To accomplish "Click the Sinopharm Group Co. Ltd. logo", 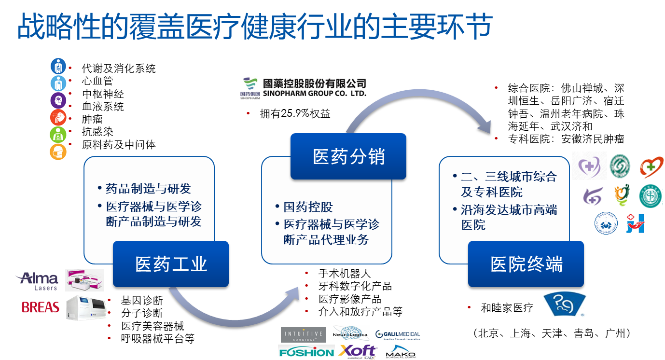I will (303, 87).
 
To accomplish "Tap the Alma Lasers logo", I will (39, 280).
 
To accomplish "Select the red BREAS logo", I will (40, 307).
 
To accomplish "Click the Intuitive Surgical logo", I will (303, 334).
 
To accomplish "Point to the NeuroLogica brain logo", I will (351, 333).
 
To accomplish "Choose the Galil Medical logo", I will (397, 334).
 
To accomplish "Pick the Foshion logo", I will (306, 352).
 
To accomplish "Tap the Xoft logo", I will (357, 352).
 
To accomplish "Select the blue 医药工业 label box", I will (171, 264).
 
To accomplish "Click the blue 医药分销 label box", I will (348, 156).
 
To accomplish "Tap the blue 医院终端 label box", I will (526, 264).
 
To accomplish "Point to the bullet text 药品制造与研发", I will (148, 189).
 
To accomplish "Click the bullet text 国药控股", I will (308, 208).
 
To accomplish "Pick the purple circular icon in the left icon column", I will (58, 100).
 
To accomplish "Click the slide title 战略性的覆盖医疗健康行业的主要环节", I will (254, 27).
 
